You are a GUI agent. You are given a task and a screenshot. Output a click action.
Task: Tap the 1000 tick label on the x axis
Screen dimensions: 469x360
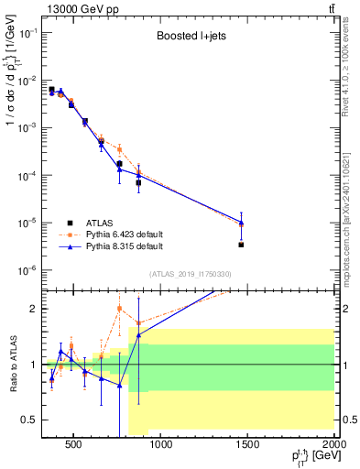pyautogui.click(x=161, y=445)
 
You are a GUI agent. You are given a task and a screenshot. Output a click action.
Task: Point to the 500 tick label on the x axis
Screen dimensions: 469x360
pyautogui.click(x=74, y=445)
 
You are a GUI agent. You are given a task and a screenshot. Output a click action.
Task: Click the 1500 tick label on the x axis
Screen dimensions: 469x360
pyautogui.click(x=248, y=445)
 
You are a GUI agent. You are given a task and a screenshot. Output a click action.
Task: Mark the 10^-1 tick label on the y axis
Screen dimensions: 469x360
pyautogui.click(x=27, y=33)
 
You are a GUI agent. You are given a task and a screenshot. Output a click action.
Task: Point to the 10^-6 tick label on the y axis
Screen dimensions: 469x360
pyautogui.click(x=27, y=270)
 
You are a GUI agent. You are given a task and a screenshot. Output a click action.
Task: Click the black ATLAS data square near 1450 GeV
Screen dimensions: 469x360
pyautogui.click(x=241, y=245)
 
